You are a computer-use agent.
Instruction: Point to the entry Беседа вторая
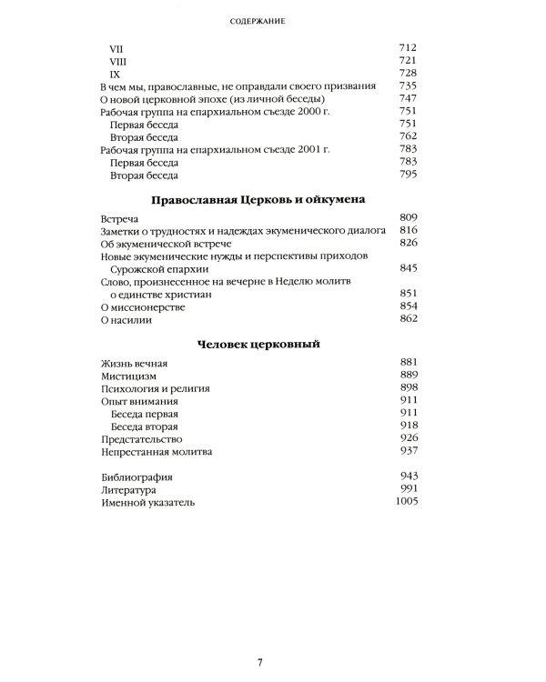(x=143, y=426)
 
